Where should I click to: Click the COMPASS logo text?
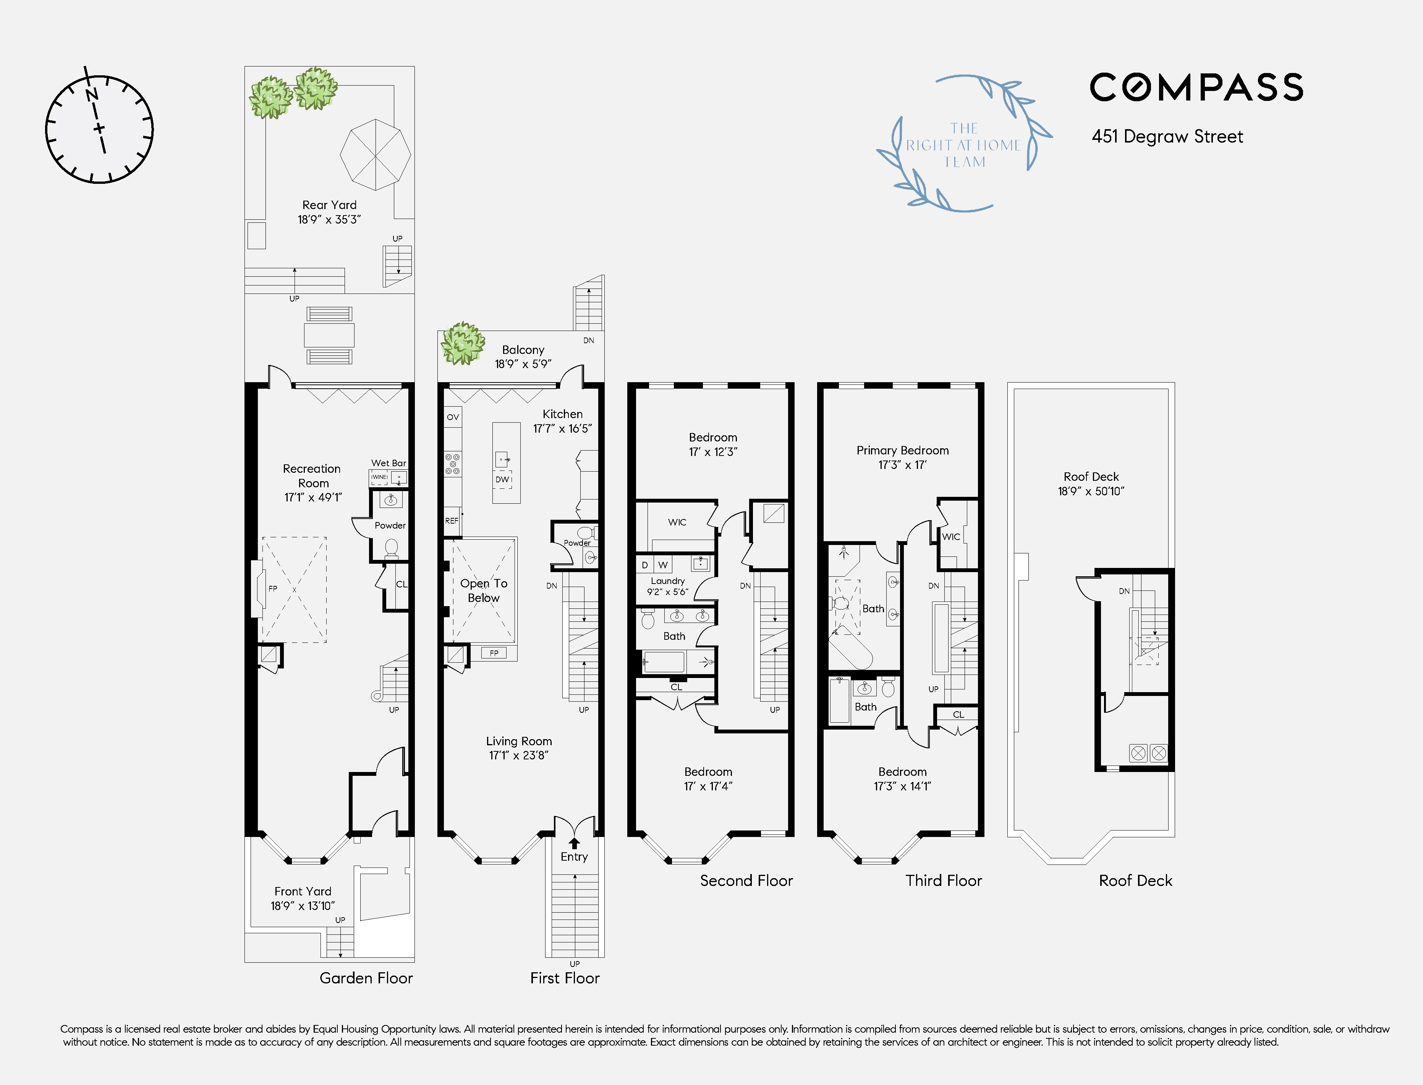point(1196,87)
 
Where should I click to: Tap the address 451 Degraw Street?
point(1167,136)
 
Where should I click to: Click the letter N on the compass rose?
point(92,94)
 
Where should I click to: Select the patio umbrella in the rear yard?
point(375,154)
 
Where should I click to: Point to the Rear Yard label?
point(329,205)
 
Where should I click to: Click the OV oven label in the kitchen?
point(453,417)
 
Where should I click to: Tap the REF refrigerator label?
point(452,521)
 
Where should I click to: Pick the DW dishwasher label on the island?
point(502,479)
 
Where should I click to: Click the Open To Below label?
point(484,590)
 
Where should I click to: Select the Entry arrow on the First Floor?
point(574,843)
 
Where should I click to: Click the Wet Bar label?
point(389,463)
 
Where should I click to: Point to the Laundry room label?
point(668,581)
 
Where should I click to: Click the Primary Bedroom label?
point(903,450)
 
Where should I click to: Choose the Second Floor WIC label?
point(677,522)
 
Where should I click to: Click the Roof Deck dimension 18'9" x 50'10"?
point(1091,491)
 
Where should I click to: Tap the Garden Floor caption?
point(366,978)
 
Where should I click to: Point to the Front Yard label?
point(303,891)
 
